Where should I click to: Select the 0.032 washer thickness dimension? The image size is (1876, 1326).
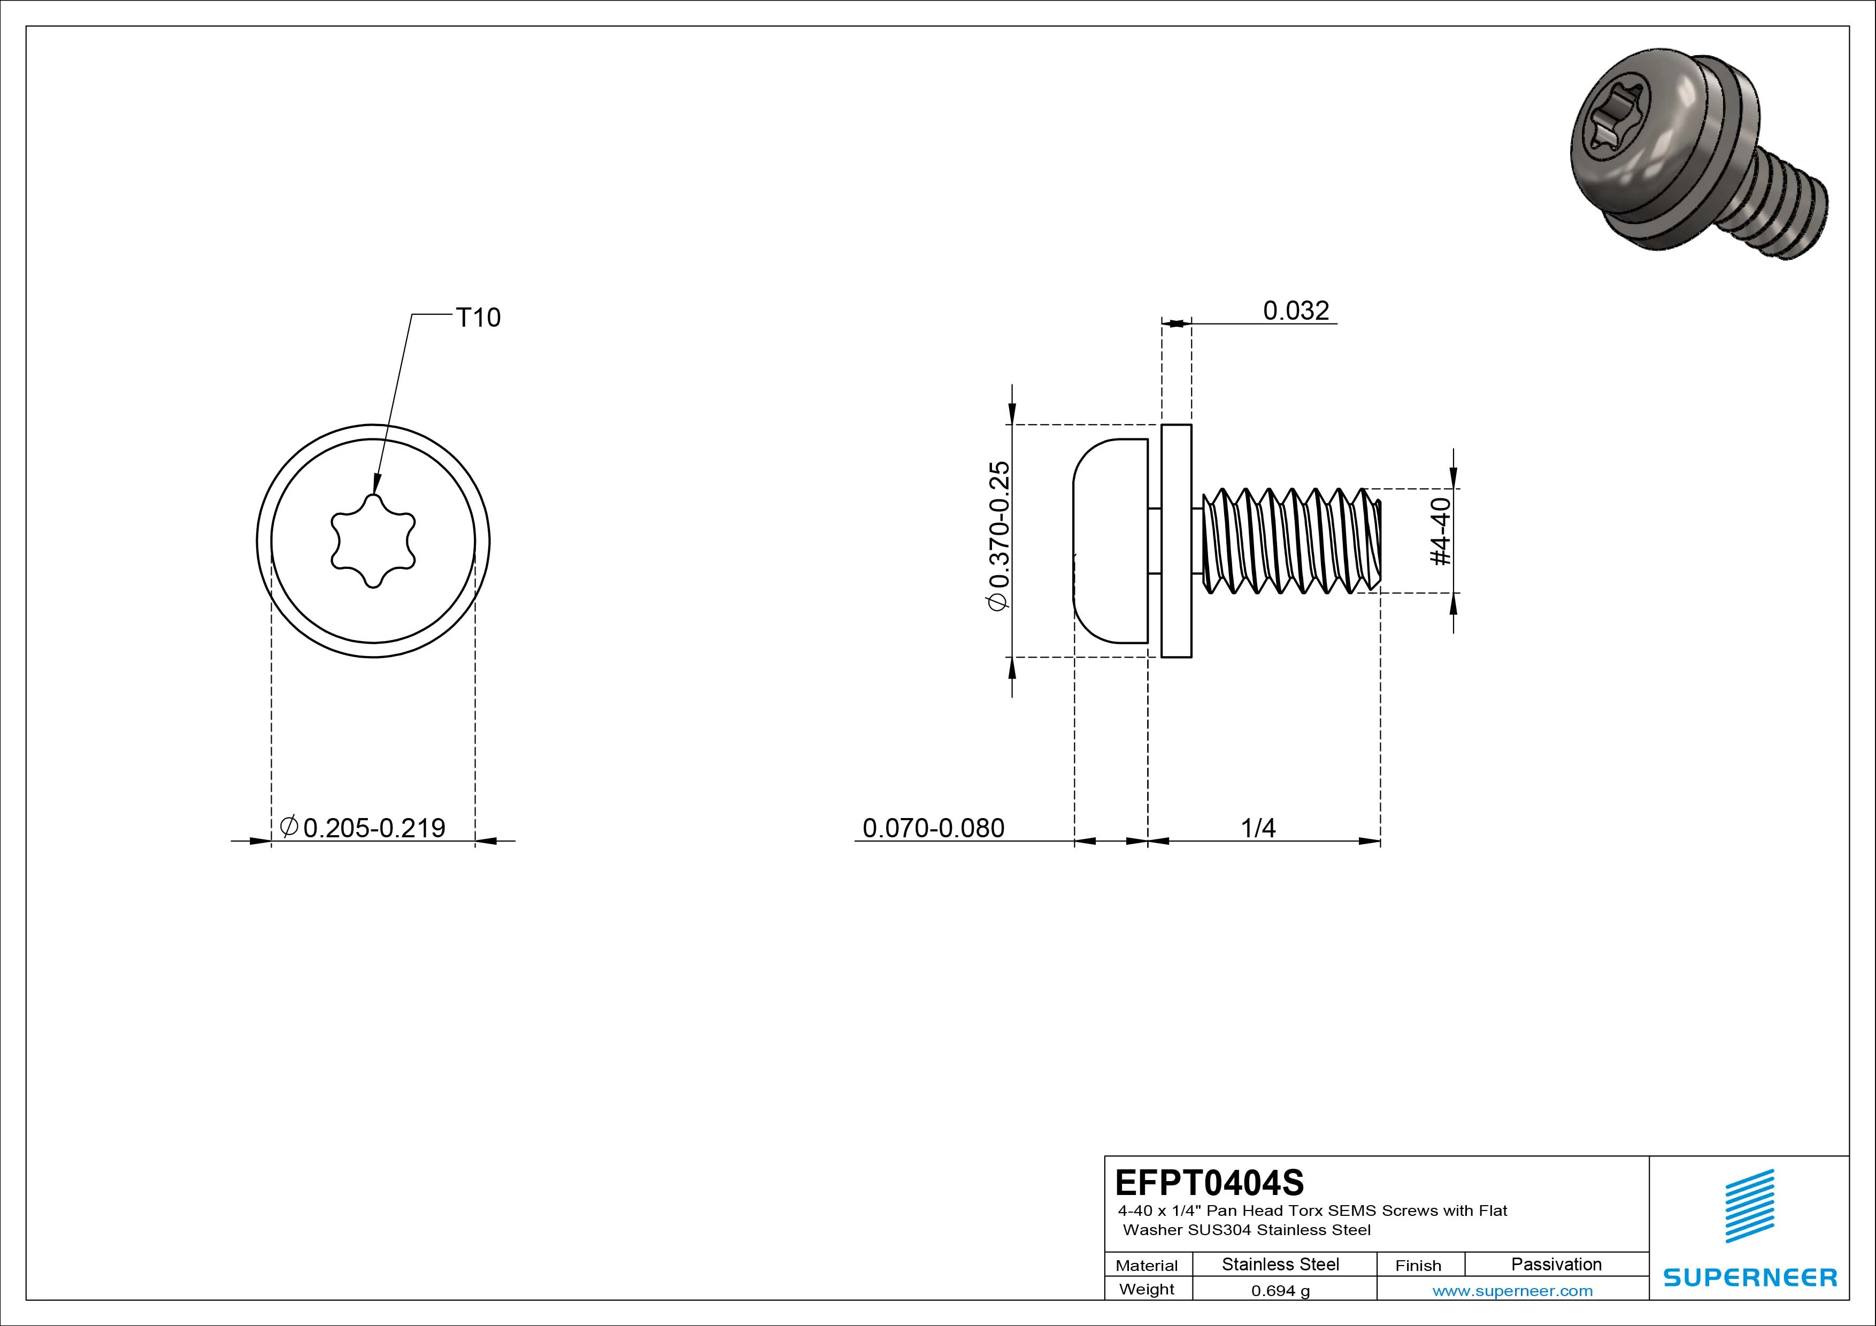pos(1296,311)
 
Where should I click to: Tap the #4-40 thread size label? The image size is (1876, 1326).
pos(1441,532)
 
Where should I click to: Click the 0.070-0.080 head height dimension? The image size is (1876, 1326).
pos(933,828)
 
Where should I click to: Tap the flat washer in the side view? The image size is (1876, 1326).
pos(1176,541)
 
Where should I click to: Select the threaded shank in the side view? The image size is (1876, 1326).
pos(1291,541)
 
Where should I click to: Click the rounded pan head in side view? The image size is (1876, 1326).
pos(1110,541)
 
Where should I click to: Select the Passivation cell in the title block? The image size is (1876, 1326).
pos(1556,1264)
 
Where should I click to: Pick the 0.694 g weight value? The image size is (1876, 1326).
pos(1280,1291)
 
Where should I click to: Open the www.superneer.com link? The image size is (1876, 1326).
pos(1512,1291)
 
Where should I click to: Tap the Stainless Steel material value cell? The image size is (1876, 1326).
pos(1280,1264)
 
